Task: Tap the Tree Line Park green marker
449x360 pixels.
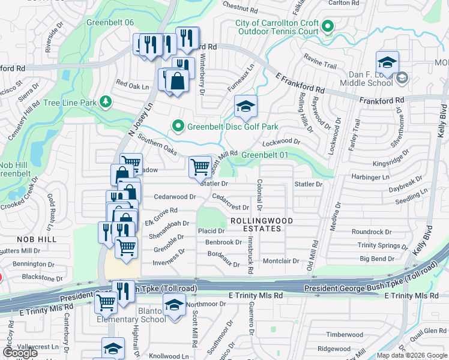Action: (106, 102)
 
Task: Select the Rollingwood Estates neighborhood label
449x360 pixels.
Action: (262, 224)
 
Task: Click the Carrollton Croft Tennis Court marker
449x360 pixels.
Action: (327, 27)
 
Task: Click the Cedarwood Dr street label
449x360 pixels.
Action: (175, 197)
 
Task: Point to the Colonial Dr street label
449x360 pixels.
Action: (259, 194)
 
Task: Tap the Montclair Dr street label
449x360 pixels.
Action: (281, 261)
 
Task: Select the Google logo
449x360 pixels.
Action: (20, 353)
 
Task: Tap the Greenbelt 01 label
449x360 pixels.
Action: (265, 155)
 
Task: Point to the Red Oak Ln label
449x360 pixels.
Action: (132, 86)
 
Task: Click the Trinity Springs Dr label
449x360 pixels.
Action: (387, 245)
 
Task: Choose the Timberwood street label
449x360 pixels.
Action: (345, 334)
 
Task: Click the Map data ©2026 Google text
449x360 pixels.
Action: (412, 355)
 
